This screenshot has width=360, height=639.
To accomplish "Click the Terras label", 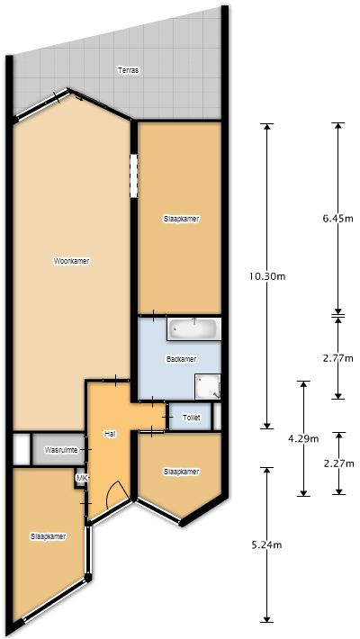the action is coord(129,70).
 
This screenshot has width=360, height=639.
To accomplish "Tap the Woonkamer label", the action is coord(72,261).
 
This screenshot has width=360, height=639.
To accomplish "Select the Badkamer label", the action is coord(182,359).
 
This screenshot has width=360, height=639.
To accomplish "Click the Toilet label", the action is coord(192,418).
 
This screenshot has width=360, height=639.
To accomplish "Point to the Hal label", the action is coord(110,435).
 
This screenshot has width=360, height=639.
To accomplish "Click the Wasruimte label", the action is coord(61,451).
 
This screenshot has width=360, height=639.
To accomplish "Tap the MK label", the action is coord(83,478).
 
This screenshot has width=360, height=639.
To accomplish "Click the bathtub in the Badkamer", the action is coord(194,328).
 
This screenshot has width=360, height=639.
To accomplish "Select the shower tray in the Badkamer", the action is coord(208,386).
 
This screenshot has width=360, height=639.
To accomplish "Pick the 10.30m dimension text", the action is coord(268,276).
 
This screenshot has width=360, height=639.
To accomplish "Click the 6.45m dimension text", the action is coord(337,219).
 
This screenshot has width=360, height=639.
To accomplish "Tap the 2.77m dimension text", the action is coord(337,358).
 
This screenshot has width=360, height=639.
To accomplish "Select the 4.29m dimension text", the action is coord(303,439).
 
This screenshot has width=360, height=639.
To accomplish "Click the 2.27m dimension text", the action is coord(337,463).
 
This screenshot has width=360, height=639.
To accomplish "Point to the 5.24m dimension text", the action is coord(266,544).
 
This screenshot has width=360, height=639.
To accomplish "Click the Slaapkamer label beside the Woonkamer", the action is coord(182,219).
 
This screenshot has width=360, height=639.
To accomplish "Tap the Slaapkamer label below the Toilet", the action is coord(182,472).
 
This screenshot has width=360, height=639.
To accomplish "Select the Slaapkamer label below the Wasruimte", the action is coord(49,536).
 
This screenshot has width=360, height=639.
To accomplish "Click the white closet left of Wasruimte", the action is coord(22,450).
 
